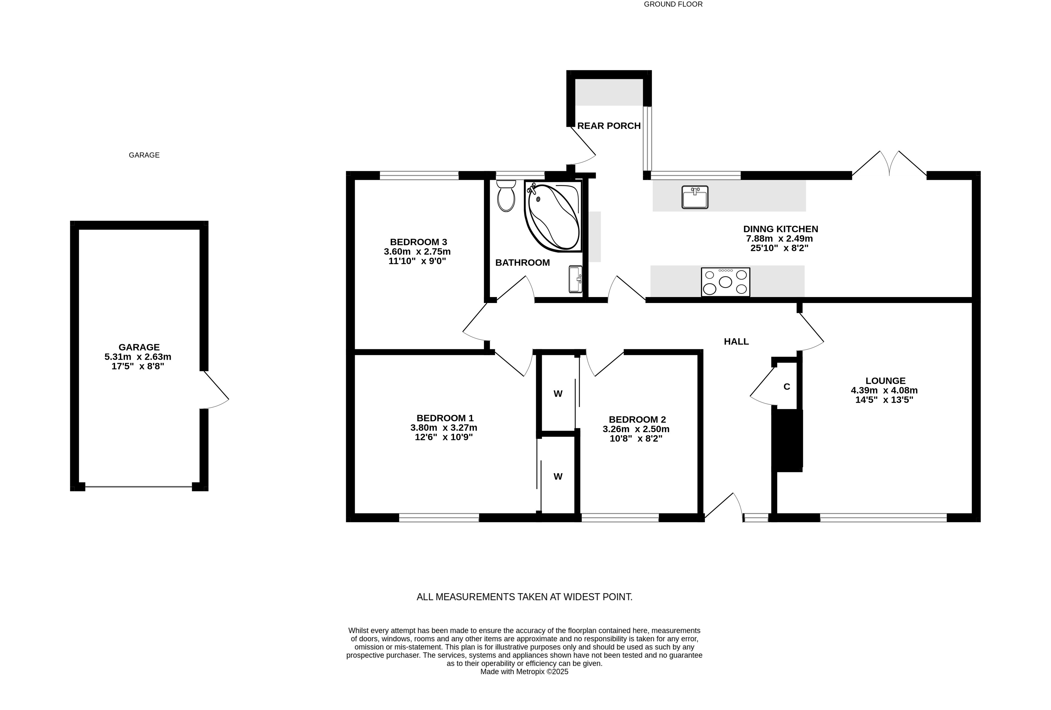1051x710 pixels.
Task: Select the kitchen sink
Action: click(x=695, y=197)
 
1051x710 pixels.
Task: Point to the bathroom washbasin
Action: click(x=575, y=279)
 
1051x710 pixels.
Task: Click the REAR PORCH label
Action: click(x=609, y=126)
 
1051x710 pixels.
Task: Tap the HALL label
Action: click(x=736, y=341)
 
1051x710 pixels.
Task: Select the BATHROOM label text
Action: click(x=522, y=262)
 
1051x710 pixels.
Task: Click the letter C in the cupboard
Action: click(x=786, y=387)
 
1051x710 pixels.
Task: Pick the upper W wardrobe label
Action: click(x=558, y=394)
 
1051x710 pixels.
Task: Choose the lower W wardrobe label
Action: click(x=558, y=476)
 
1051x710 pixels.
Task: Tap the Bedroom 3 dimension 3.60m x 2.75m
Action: click(x=417, y=251)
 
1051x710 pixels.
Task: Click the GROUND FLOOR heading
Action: click(x=673, y=4)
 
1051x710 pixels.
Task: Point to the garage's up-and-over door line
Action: click(x=138, y=487)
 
